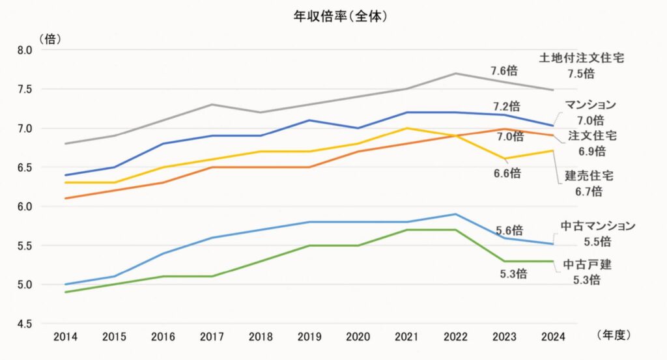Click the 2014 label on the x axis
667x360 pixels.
point(66,337)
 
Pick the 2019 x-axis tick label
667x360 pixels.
point(309,337)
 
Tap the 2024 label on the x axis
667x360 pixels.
point(552,337)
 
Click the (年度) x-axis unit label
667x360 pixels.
point(614,335)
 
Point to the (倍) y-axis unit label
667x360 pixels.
point(50,38)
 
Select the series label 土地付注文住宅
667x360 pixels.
point(581,58)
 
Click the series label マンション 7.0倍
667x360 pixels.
point(590,112)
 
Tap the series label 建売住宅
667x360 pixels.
point(589,176)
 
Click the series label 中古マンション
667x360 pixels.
point(598,226)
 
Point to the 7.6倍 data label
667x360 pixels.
point(505,71)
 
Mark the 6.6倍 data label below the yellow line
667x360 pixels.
point(506,173)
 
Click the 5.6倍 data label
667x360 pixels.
point(509,230)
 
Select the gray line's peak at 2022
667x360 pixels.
point(455,74)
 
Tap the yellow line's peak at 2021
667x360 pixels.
point(406,128)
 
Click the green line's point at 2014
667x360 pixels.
point(66,292)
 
